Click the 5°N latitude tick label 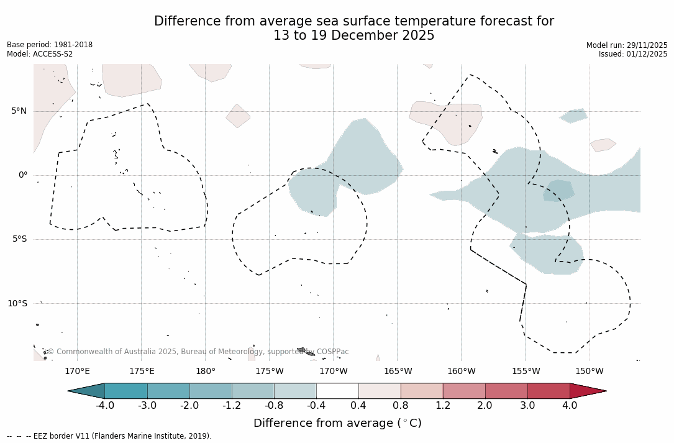tap(19, 111)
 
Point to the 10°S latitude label tap(17, 304)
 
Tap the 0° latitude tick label tap(23, 175)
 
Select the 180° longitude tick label tap(205, 372)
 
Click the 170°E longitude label tap(77, 372)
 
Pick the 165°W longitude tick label tap(398, 372)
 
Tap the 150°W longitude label tap(589, 372)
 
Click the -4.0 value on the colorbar tap(104, 406)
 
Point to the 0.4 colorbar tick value tap(358, 406)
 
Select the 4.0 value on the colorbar tap(570, 406)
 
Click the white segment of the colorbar tap(337, 391)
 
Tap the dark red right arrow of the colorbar tap(587, 391)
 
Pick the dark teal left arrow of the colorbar tap(87, 391)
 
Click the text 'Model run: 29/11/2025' tap(627, 45)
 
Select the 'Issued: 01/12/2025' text tap(633, 54)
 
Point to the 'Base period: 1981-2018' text tap(50, 45)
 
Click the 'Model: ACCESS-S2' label tap(40, 54)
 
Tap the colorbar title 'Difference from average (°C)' tap(337, 424)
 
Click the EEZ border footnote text tap(109, 436)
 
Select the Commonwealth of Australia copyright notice tap(198, 352)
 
